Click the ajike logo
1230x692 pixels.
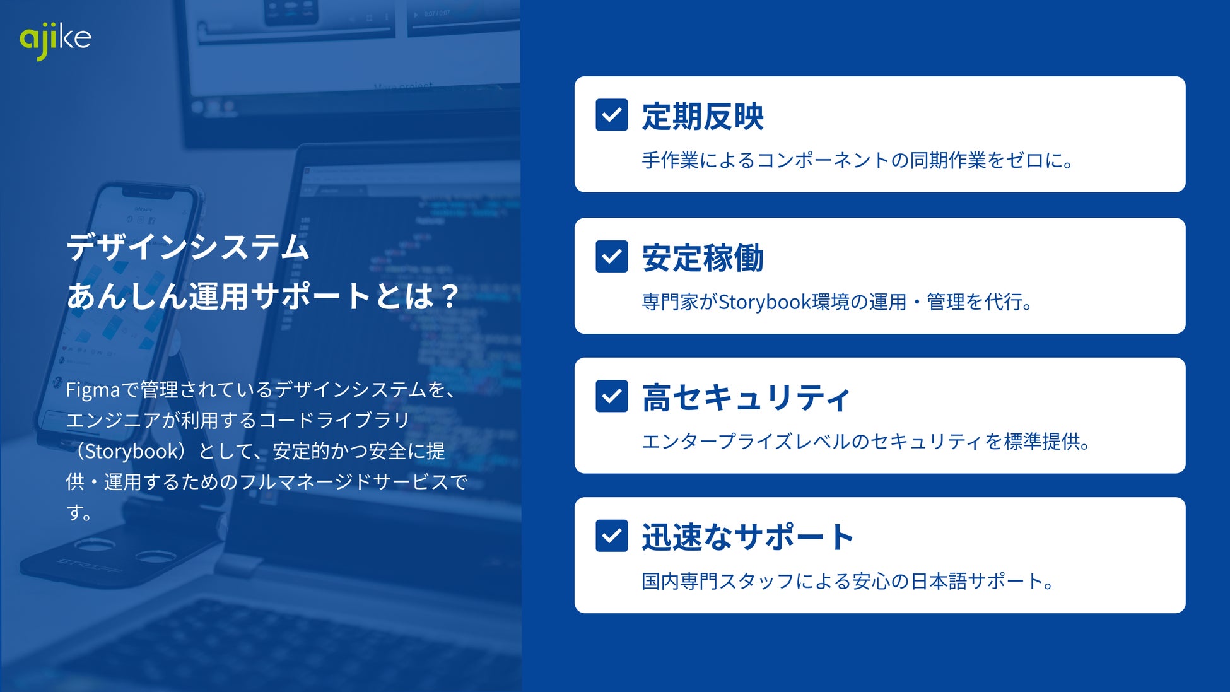click(56, 40)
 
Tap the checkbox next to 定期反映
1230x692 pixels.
click(611, 115)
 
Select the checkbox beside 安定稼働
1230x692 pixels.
click(611, 256)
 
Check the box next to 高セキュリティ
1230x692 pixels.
click(611, 396)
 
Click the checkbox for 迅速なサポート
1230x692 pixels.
click(611, 536)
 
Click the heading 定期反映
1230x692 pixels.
click(703, 116)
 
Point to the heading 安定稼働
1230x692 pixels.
click(703, 257)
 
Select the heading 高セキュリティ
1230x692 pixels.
click(746, 397)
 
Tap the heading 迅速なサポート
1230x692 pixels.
click(748, 537)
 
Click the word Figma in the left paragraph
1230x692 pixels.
click(93, 390)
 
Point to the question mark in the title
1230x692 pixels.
click(450, 296)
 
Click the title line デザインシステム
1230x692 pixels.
click(187, 247)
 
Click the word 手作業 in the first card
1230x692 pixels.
click(670, 160)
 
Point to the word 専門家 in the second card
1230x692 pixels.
click(670, 302)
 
